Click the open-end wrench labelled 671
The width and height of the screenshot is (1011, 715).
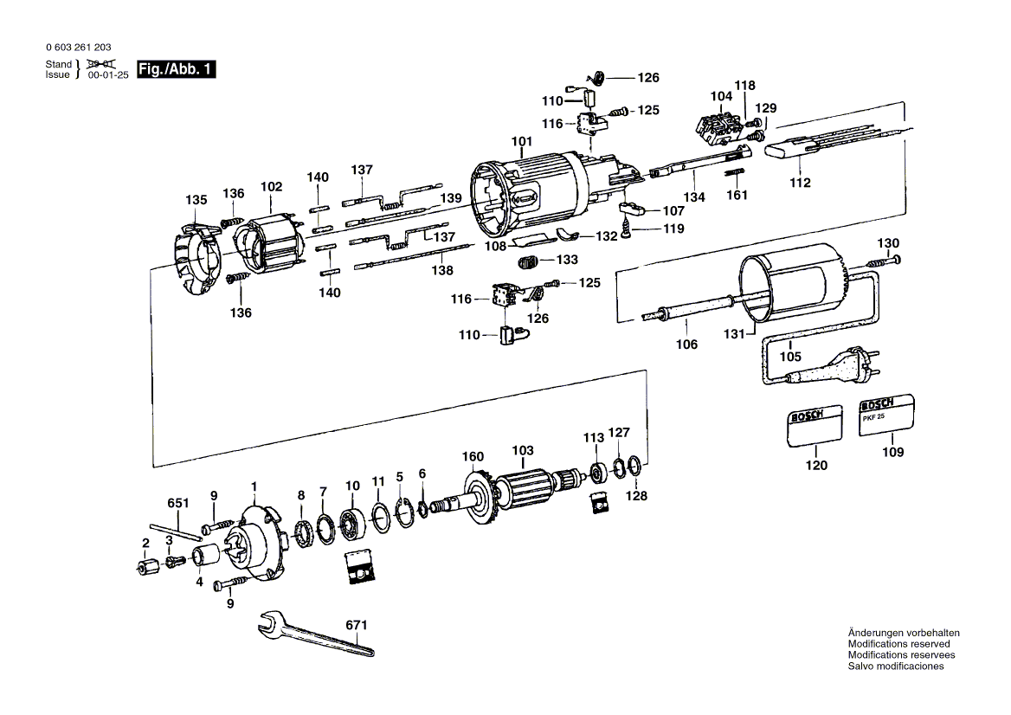tap(315, 635)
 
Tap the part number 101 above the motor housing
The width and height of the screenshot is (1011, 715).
tap(522, 141)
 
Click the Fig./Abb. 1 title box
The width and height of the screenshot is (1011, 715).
tap(176, 69)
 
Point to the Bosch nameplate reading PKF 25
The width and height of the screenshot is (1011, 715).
tap(886, 415)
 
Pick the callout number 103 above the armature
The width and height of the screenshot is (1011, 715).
tap(523, 450)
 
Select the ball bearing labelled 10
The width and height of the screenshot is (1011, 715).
tap(352, 512)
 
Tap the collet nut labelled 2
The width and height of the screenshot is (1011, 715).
tap(145, 567)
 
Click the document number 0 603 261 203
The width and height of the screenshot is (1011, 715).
tap(79, 47)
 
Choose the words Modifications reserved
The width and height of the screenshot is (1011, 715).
tap(898, 644)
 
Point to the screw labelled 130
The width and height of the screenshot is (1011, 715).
tap(884, 261)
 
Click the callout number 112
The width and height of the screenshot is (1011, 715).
tap(800, 183)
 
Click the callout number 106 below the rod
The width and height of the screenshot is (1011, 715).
tap(686, 345)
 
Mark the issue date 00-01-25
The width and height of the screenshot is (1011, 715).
tap(108, 74)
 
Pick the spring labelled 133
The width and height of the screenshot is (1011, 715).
tap(528, 263)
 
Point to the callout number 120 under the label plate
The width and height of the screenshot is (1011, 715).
tap(816, 466)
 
